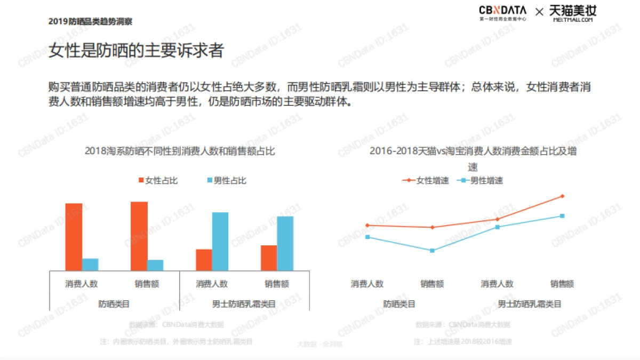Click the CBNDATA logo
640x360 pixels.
coord(502,13)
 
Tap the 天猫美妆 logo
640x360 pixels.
coord(573,13)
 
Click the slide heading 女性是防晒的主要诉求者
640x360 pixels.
coord(136,51)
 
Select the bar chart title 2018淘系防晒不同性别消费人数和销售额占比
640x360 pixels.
coord(180,151)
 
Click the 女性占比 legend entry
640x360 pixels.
coord(158,181)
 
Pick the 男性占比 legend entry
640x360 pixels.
coord(226,181)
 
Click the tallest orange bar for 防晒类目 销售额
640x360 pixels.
coord(139,236)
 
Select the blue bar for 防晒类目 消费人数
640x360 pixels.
coord(90,264)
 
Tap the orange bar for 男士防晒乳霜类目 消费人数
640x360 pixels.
coord(204,260)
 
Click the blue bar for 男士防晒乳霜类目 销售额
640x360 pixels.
coord(285,243)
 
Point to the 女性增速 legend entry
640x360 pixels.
coord(426,180)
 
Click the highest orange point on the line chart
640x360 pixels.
coord(562,196)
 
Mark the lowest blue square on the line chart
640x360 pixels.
coord(433,251)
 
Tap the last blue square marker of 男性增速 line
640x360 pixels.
coord(562,216)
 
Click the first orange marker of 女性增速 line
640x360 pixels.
coord(367,225)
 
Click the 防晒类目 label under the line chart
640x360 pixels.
coord(399,304)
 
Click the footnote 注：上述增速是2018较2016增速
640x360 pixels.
coord(462,341)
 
